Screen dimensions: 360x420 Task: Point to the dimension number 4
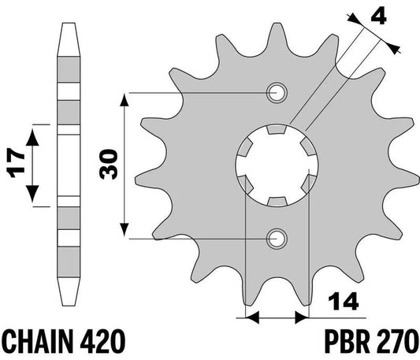(x=385, y=16)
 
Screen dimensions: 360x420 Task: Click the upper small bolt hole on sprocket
(x=277, y=93)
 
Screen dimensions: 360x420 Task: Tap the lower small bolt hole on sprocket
(x=277, y=237)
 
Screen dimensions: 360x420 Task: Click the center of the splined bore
(x=277, y=165)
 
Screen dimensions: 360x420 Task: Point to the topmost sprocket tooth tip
(x=277, y=24)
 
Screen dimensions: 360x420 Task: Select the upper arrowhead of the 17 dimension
(x=32, y=131)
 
